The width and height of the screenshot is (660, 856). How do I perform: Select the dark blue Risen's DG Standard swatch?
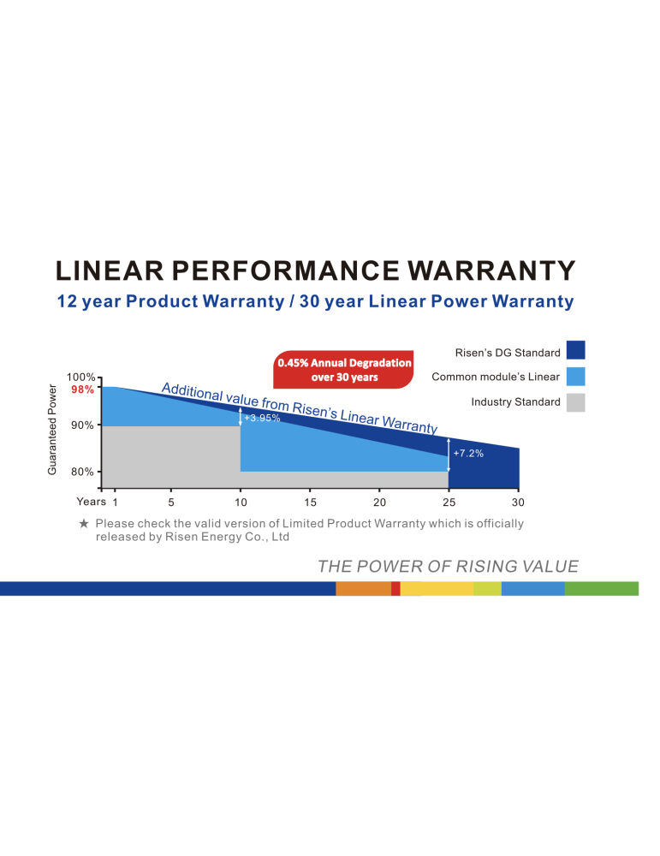[575, 350]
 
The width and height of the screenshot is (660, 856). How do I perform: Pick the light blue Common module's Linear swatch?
[575, 377]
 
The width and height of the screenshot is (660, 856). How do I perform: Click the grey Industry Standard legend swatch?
[575, 402]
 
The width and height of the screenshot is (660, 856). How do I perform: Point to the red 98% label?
[82, 389]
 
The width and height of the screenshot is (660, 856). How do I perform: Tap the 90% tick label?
[83, 425]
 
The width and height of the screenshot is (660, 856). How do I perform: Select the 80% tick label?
[83, 472]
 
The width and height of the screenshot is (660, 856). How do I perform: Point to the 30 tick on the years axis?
[517, 502]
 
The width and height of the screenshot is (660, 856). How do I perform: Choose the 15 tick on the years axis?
[310, 502]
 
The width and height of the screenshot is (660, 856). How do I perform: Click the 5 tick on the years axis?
[171, 502]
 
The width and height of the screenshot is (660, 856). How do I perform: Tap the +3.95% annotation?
[262, 418]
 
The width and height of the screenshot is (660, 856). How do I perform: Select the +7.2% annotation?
[468, 453]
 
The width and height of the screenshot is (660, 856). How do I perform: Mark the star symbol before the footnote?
[83, 523]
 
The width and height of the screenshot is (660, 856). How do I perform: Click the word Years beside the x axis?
[91, 502]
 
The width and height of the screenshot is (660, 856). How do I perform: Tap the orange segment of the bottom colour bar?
[363, 588]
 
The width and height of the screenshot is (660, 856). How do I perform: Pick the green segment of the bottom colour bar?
[601, 588]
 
